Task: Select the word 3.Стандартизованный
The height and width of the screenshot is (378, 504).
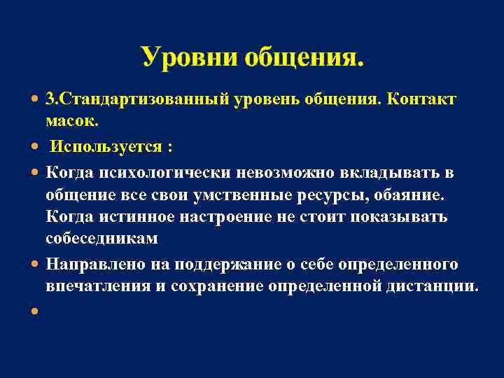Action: [137, 100]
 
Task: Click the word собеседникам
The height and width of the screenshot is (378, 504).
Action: [101, 239]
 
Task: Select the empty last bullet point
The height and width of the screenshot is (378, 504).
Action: [35, 311]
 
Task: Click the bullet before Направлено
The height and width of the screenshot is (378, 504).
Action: [35, 265]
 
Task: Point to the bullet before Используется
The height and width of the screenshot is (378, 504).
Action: [35, 148]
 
